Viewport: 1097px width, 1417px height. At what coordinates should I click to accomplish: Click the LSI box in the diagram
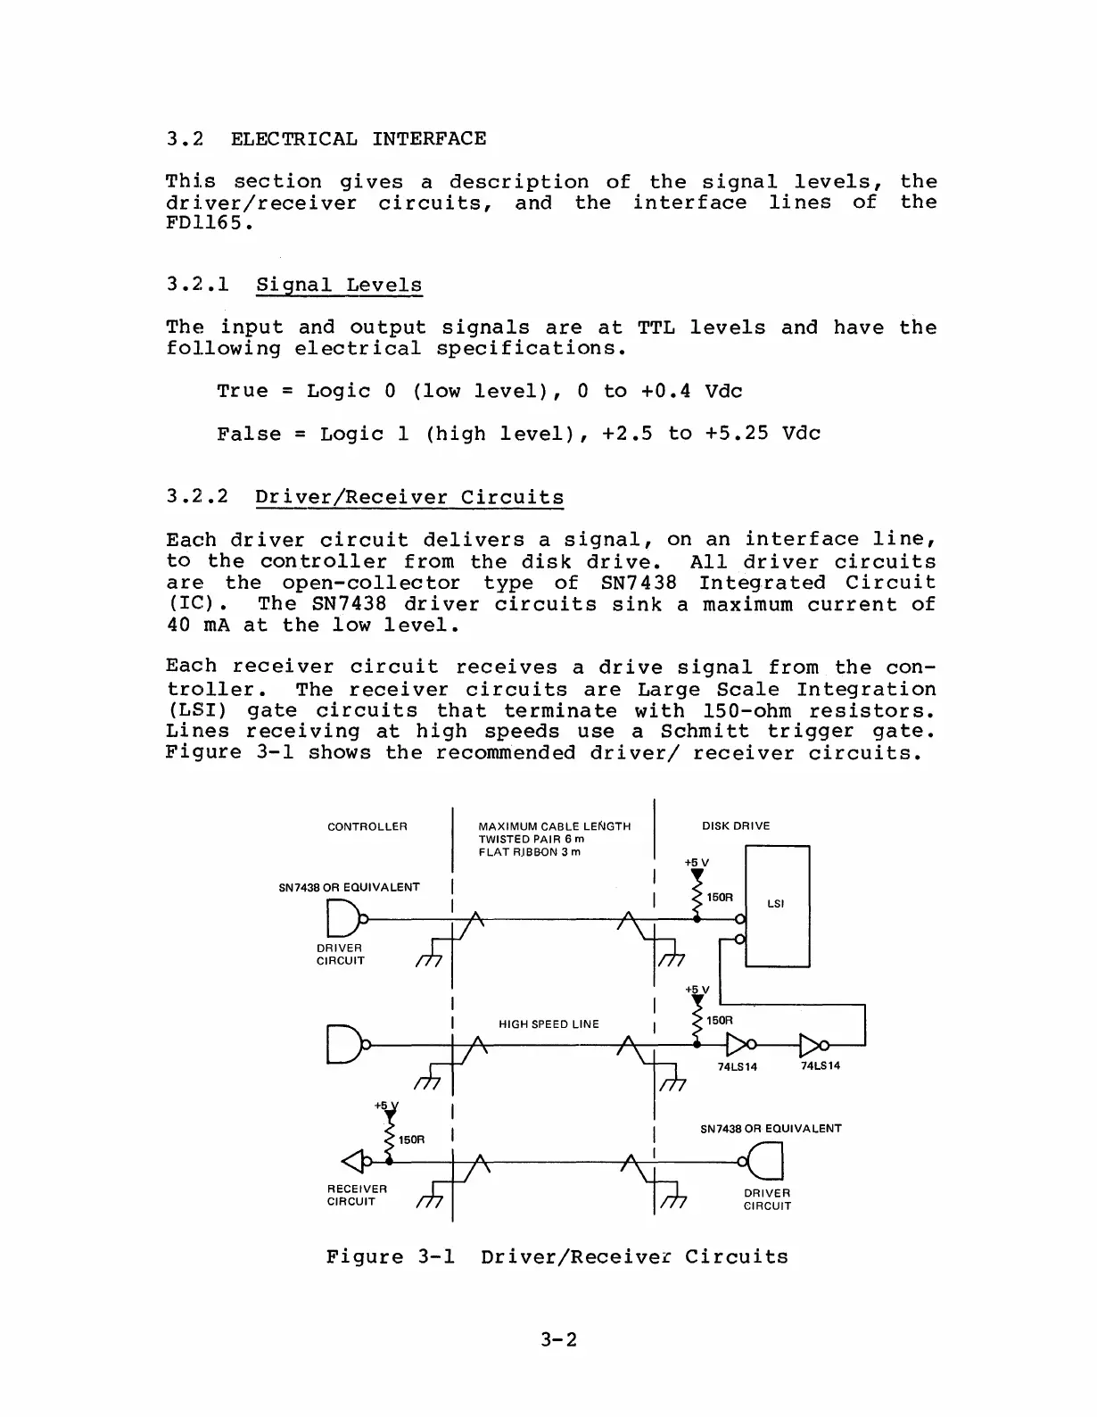(777, 905)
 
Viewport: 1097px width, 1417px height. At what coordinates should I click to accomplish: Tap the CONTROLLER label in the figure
(367, 826)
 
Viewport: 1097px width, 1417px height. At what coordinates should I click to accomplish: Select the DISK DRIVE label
(736, 826)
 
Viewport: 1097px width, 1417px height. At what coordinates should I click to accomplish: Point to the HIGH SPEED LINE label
(548, 1024)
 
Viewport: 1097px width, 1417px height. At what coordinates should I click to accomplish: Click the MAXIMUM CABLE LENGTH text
(554, 826)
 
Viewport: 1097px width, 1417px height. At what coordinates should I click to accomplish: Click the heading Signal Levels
(339, 286)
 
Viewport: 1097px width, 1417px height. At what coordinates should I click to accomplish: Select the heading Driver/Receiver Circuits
(409, 497)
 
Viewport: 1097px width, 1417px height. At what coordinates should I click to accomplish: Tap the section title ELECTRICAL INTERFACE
(359, 139)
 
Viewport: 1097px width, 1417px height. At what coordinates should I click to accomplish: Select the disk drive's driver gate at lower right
(766, 1161)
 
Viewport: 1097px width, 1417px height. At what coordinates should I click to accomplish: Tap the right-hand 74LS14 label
(820, 1066)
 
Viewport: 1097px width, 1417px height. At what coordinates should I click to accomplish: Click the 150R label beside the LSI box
(719, 897)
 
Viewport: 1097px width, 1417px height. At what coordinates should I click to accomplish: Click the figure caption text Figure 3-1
(391, 1257)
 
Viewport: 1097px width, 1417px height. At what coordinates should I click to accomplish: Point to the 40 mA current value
(198, 626)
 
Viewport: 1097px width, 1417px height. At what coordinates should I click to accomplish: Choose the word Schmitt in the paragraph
(705, 732)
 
